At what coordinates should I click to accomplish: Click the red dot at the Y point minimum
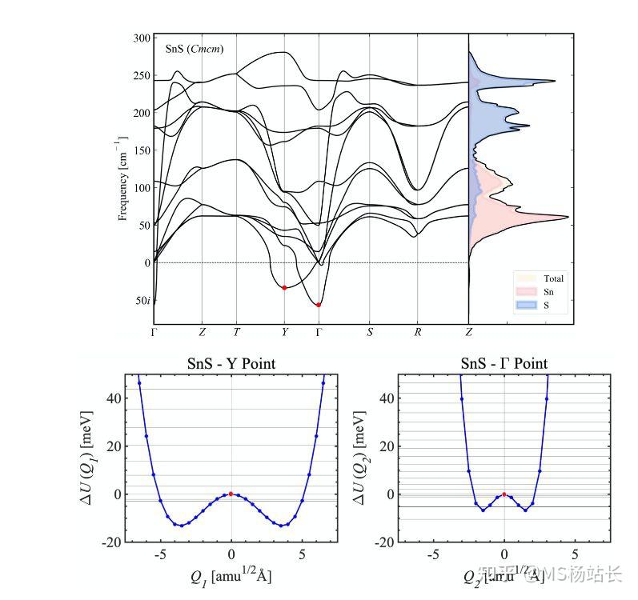point(284,288)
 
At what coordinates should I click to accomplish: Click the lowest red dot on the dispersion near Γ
point(319,305)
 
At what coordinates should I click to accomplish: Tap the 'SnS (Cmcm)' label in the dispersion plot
point(194,49)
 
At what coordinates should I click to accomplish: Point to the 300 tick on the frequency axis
point(141,38)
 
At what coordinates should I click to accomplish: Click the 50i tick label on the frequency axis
point(142,301)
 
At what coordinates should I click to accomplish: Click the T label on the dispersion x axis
point(235,332)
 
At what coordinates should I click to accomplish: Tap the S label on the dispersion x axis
point(370,332)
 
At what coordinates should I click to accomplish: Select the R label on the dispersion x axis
point(417,332)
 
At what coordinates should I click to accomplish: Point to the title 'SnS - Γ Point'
point(504,364)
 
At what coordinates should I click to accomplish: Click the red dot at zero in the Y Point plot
point(231,494)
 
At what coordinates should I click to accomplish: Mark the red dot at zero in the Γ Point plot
point(504,494)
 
